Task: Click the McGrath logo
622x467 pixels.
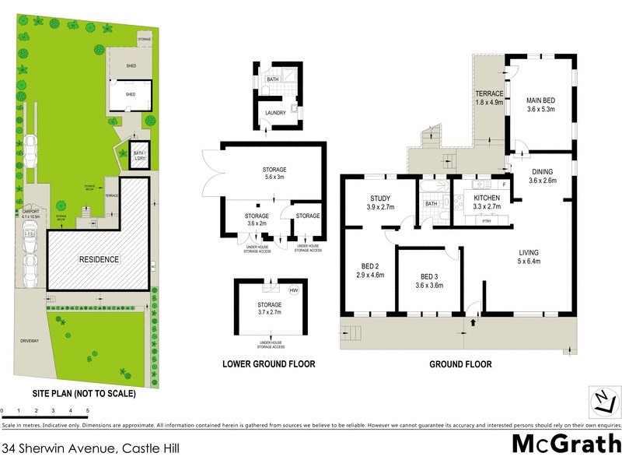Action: click(x=566, y=444)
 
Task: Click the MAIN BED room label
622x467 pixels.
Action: click(x=540, y=104)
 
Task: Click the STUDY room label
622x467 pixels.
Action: click(x=380, y=202)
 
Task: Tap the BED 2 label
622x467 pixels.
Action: click(x=370, y=270)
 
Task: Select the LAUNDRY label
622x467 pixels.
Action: click(x=275, y=113)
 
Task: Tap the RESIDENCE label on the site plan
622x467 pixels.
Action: click(x=97, y=259)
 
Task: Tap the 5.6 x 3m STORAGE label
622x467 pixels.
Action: click(x=270, y=174)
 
